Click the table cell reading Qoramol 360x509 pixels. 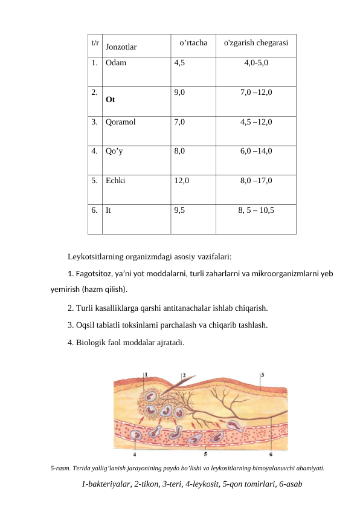pos(120,122)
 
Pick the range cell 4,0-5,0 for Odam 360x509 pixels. pos(256,62)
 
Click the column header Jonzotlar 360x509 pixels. pos(121,46)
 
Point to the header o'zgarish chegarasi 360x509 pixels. pos(256,44)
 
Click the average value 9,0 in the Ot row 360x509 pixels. pos(179,92)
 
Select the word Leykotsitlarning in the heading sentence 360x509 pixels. pos(97,256)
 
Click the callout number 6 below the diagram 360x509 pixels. pos(270,453)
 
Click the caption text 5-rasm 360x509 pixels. pos(59,468)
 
